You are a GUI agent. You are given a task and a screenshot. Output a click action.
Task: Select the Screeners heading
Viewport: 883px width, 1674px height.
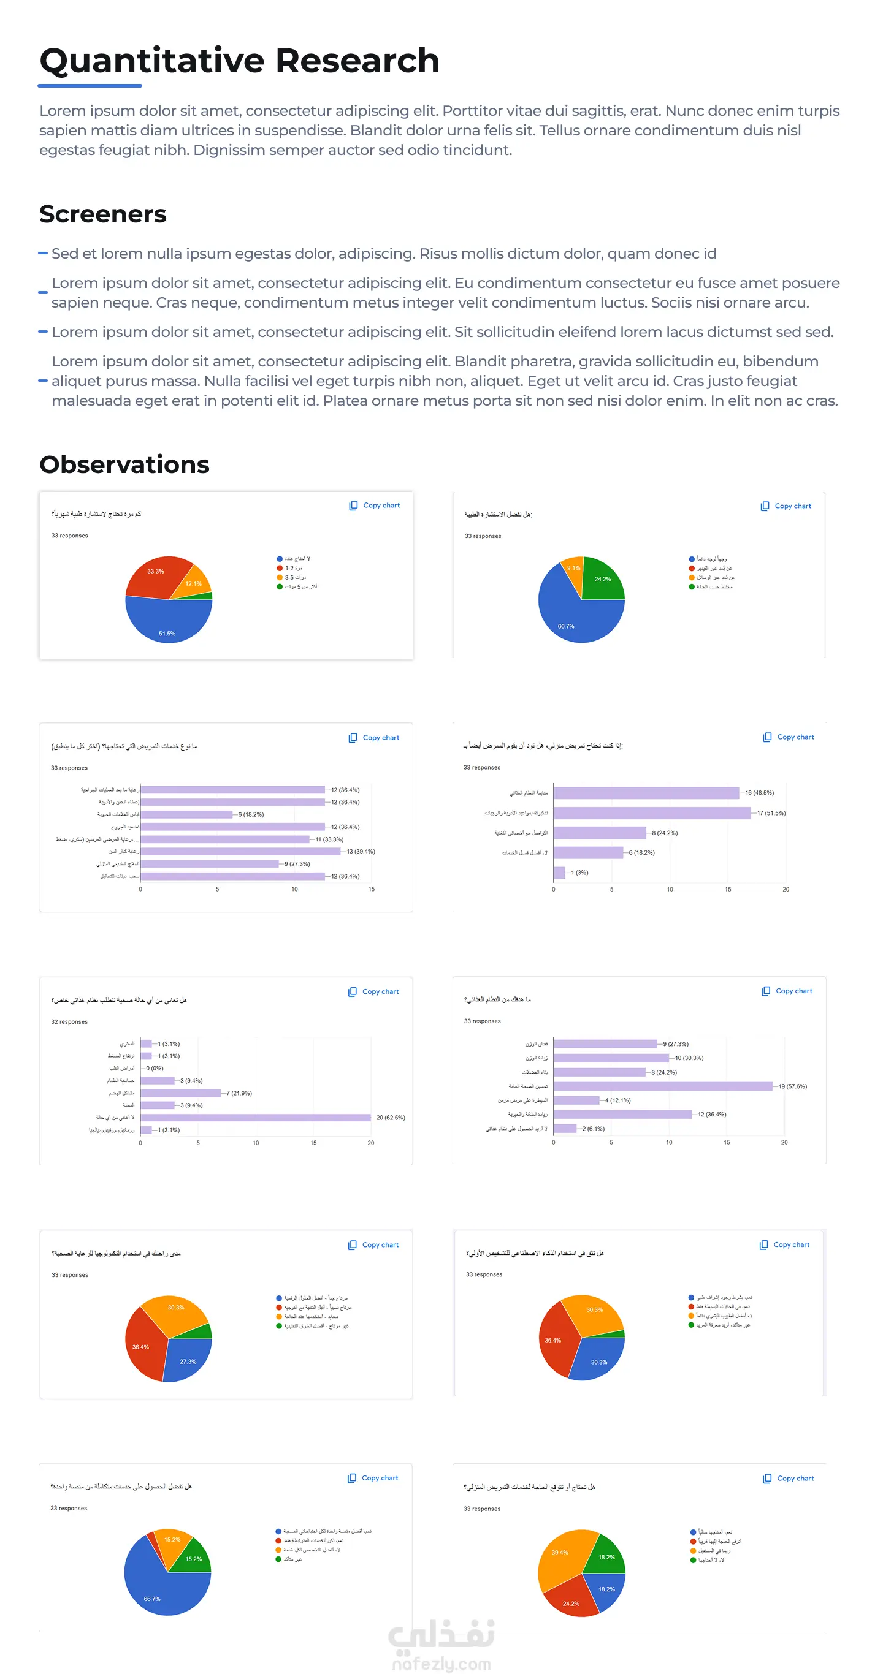pos(103,214)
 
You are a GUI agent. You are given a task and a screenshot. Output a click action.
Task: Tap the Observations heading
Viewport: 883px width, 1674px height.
pos(124,464)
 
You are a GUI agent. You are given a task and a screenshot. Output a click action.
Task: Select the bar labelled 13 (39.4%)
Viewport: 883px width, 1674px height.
pos(240,851)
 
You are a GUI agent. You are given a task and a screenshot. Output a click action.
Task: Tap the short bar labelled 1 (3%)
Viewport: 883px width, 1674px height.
pos(559,872)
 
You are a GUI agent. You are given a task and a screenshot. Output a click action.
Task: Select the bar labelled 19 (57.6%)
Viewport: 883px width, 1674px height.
pos(663,1086)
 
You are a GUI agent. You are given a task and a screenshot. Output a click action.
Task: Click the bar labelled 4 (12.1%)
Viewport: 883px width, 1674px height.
pos(576,1100)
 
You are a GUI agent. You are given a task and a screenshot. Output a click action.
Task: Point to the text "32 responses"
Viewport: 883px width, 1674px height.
pos(69,1021)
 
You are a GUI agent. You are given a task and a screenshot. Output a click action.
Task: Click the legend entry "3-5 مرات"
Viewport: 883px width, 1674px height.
pos(295,577)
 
